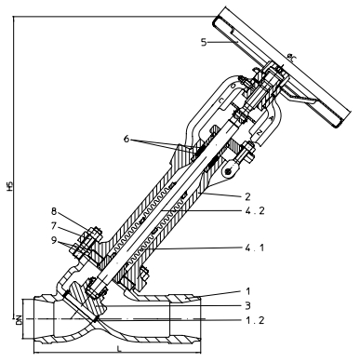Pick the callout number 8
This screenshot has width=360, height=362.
55,212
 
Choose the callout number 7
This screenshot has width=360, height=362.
55,226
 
